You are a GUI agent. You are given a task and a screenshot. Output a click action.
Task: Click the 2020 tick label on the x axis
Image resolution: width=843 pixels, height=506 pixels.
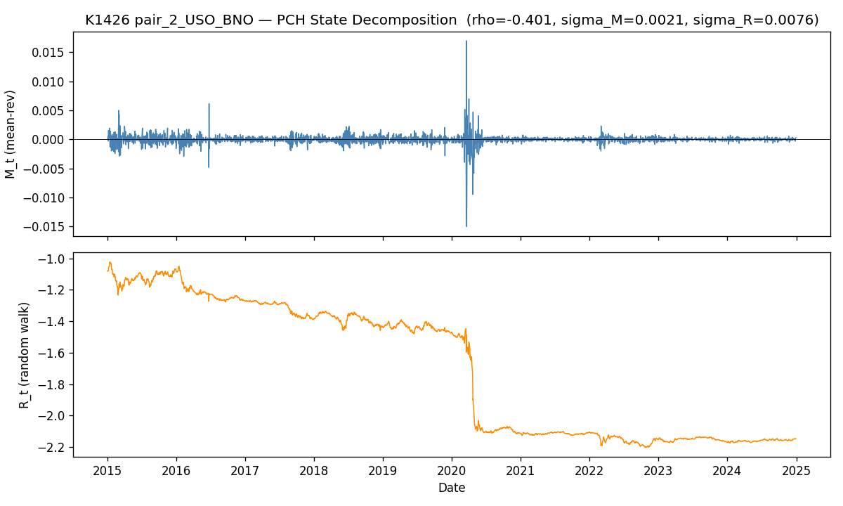452,471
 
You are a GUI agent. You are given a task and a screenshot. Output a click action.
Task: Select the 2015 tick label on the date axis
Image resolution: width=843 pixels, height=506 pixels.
107,471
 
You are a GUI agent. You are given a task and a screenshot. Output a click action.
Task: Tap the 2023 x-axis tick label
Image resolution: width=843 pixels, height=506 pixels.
658,471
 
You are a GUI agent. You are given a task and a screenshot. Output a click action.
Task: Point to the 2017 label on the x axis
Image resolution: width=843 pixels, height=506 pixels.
245,471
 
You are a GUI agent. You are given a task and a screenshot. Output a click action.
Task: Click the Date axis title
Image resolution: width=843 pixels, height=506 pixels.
452,488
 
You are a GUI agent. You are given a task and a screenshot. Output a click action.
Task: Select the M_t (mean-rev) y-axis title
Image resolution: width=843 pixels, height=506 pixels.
10,134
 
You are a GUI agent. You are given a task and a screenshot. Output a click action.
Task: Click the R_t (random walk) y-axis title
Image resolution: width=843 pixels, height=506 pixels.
24,356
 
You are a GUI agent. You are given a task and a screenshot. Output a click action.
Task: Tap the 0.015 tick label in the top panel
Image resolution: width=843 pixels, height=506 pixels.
48,53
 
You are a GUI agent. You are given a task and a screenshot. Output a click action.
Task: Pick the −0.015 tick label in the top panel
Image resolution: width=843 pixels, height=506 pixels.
44,227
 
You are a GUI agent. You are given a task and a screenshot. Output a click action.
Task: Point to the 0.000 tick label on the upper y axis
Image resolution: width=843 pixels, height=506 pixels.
48,140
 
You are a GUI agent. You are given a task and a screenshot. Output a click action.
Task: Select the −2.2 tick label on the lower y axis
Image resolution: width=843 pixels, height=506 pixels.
51,447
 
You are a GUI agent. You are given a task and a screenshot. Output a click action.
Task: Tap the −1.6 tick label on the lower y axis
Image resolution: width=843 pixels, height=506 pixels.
51,353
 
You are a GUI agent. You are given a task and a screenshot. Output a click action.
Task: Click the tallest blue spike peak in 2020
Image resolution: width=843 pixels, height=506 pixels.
466,41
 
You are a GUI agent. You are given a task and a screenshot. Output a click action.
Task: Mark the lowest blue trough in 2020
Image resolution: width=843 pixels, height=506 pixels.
466,226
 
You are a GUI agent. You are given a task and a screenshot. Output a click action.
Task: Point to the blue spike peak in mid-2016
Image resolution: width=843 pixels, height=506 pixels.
209,104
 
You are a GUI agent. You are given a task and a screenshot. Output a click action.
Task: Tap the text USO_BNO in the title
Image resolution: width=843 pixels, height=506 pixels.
222,20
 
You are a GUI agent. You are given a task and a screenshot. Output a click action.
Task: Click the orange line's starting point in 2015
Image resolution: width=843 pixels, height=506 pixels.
107,271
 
